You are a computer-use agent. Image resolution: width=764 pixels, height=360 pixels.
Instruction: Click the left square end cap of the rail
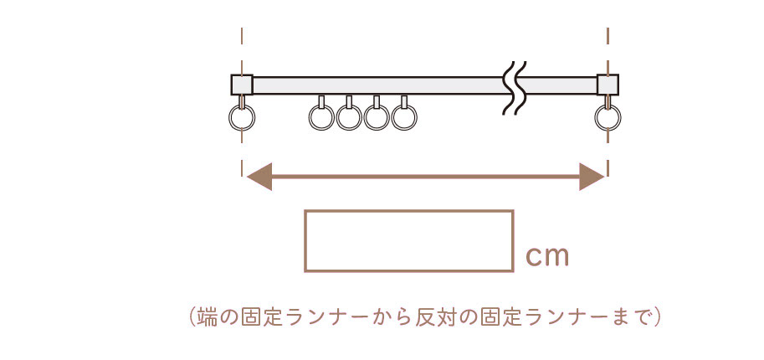pos(242,85)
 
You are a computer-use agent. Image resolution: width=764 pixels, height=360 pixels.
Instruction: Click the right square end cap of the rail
pos(608,85)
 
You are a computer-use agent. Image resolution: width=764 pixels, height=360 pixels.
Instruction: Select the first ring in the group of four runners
pos(321,118)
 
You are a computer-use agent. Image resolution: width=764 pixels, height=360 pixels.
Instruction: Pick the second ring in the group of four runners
pos(349,118)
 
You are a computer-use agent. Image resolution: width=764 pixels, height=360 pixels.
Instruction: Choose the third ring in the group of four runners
pos(377,118)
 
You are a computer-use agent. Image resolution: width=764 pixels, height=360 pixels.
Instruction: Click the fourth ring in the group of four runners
pos(404,118)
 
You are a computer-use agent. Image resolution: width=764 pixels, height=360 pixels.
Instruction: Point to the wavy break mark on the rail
pos(515,86)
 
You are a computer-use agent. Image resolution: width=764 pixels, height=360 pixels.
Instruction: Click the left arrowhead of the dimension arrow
pos(259,177)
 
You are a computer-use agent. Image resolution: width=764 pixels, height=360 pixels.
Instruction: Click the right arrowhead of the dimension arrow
pos(592,177)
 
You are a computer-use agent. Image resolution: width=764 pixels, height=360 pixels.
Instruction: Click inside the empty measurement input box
pos(408,241)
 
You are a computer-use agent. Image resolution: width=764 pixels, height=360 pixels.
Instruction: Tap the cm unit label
pos(547,256)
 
